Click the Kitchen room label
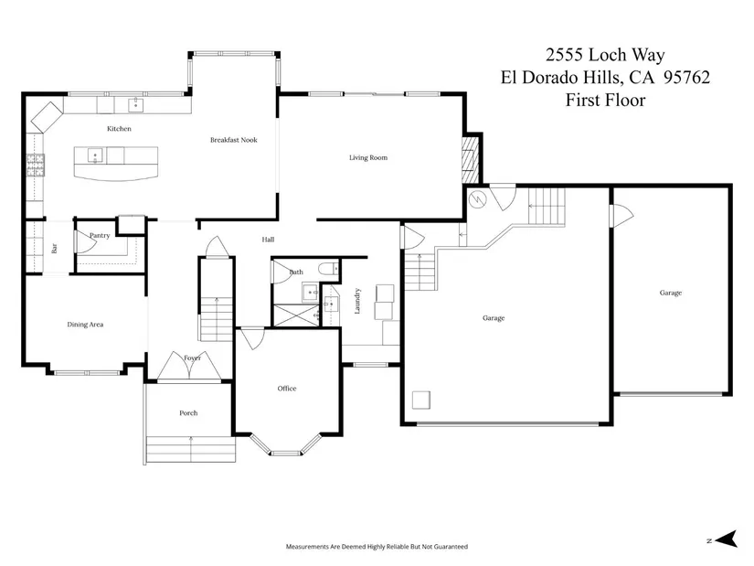119,129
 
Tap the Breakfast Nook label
234,140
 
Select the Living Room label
368,157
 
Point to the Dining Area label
85,325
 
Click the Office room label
287,389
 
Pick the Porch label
188,413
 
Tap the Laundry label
357,302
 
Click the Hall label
269,240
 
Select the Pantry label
100,235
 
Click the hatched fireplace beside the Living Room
471,160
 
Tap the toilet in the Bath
329,269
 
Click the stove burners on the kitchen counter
35,166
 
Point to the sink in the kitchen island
95,155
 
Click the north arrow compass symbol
726,539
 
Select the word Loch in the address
608,55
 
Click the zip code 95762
686,78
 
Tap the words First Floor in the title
605,100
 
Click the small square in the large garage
421,400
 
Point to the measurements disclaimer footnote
377,546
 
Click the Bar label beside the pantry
54,249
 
